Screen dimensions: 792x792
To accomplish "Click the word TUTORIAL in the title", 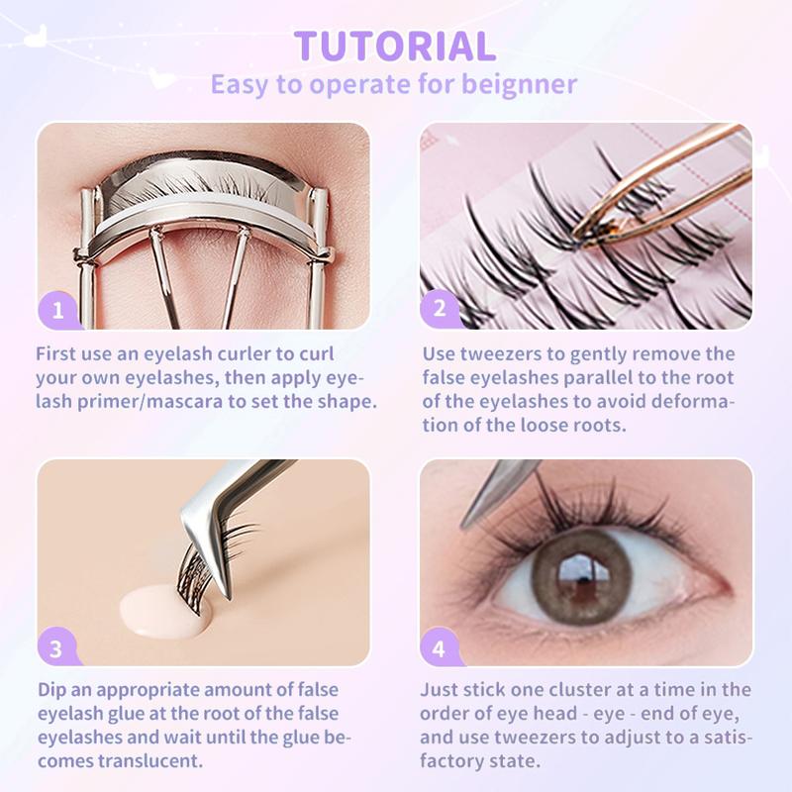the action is pyautogui.click(x=395, y=46).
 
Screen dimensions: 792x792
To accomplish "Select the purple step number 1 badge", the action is pyautogui.click(x=57, y=310).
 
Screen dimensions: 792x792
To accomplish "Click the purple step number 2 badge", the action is pyautogui.click(x=440, y=308).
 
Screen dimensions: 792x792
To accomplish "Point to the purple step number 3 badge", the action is pyautogui.click(x=56, y=647).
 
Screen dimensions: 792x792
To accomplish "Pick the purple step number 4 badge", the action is pyautogui.click(x=439, y=647).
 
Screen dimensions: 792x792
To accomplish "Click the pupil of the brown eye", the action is pyautogui.click(x=581, y=575).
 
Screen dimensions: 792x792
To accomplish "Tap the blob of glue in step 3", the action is pyautogui.click(x=161, y=612).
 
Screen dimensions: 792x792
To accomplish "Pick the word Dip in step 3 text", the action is pyautogui.click(x=51, y=690).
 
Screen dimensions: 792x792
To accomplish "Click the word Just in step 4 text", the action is pyautogui.click(x=438, y=690).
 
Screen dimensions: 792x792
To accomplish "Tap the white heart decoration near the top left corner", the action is pyautogui.click(x=36, y=37).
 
